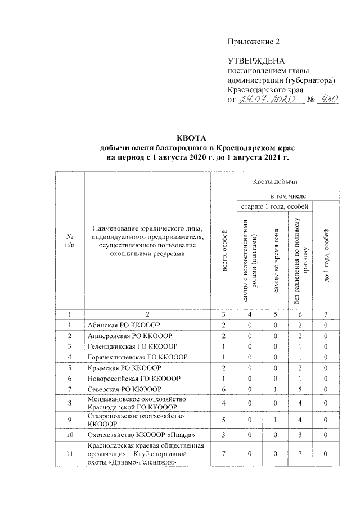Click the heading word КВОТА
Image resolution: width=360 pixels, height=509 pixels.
tap(192, 137)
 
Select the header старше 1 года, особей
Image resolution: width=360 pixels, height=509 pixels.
tap(276, 208)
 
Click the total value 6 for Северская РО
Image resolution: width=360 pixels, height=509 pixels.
tap(224, 389)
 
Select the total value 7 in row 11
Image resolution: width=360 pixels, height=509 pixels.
tap(224, 453)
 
